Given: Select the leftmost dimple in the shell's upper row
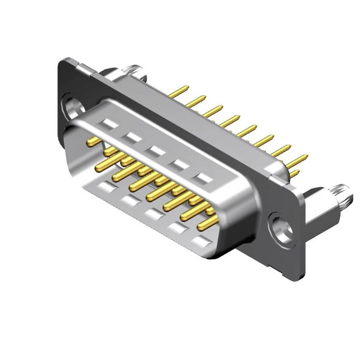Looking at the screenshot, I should [109, 124].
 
